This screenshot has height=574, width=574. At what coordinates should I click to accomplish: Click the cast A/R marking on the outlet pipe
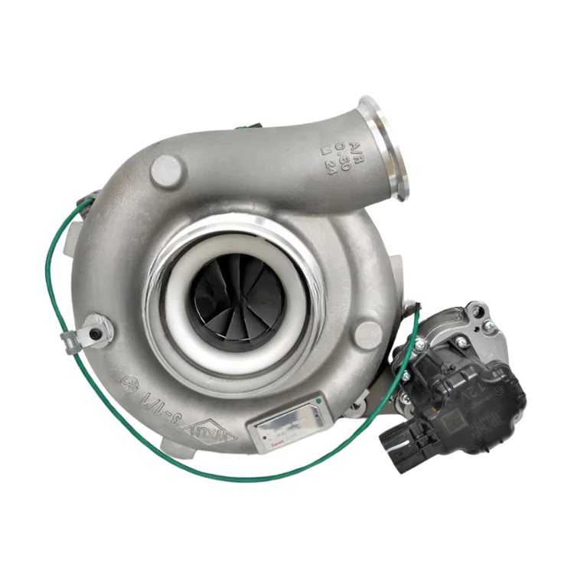coord(334,148)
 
